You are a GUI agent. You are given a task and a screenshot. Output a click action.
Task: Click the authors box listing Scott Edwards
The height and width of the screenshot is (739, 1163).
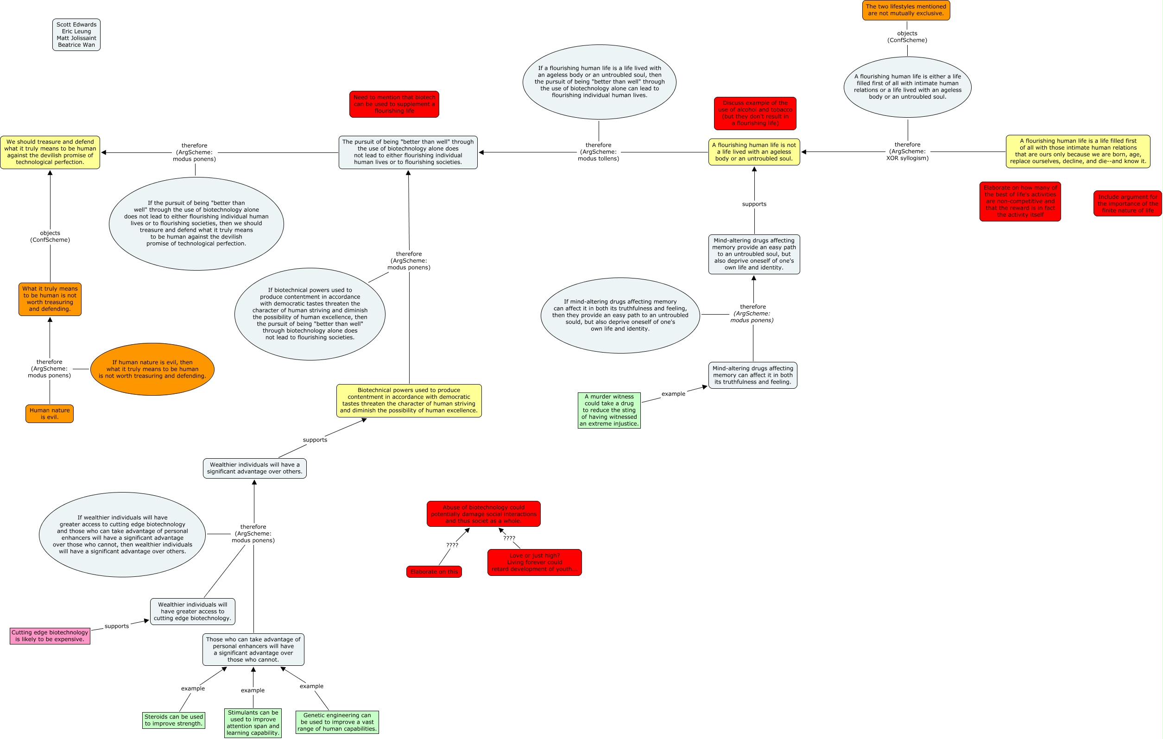pyautogui.click(x=76, y=35)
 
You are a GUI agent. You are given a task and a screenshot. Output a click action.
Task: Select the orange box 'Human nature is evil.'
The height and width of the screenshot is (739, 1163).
pyautogui.click(x=49, y=413)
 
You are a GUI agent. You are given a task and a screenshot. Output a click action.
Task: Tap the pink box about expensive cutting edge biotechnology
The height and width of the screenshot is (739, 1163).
pyautogui.click(x=50, y=636)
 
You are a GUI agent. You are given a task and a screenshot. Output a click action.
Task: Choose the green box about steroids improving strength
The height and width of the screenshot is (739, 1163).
pyautogui.click(x=173, y=720)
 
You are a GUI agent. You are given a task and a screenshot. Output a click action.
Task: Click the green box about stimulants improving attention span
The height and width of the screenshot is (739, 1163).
pyautogui.click(x=253, y=723)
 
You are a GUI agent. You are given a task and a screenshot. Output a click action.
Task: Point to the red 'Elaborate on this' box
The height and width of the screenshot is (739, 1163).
pyautogui.click(x=434, y=571)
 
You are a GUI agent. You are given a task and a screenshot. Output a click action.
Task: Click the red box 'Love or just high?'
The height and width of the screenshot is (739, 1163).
pyautogui.click(x=534, y=562)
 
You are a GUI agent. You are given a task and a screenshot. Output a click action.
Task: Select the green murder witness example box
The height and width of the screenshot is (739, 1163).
pyautogui.click(x=608, y=410)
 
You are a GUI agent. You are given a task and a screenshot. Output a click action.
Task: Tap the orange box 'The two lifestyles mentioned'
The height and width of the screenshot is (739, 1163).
pyautogui.click(x=905, y=10)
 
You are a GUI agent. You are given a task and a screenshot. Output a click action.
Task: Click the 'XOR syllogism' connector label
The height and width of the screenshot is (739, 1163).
pyautogui.click(x=907, y=151)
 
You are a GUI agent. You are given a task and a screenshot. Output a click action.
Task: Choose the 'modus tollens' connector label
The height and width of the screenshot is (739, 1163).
pyautogui.click(x=598, y=152)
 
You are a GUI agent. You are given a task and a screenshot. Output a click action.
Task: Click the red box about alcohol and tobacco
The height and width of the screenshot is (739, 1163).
pyautogui.click(x=755, y=113)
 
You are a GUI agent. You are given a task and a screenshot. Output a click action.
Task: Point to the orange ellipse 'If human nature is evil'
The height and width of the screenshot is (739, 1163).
pyautogui.click(x=152, y=369)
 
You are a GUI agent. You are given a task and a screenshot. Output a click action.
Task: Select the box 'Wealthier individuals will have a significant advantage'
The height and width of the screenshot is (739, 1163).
pyautogui.click(x=254, y=468)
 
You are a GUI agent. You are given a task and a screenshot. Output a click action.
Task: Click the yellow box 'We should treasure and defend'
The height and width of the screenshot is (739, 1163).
pyautogui.click(x=50, y=152)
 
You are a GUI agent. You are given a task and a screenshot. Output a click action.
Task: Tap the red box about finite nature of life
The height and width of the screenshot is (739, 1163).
pyautogui.click(x=1127, y=203)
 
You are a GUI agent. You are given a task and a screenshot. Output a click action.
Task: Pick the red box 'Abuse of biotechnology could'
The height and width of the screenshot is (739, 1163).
pyautogui.click(x=483, y=514)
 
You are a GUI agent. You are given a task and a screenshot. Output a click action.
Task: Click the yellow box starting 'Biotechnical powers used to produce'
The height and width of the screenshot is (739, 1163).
pyautogui.click(x=409, y=400)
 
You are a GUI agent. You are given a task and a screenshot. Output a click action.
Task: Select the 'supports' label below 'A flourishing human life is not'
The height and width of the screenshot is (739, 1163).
pyautogui.click(x=754, y=204)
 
